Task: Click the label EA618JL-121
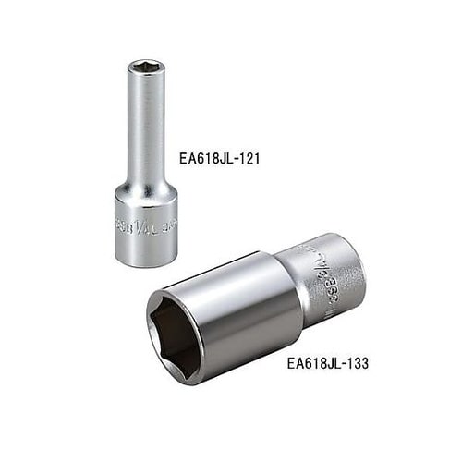point(219,158)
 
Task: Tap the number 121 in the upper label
point(247,158)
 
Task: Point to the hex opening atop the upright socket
point(146,67)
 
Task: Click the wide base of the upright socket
point(145,230)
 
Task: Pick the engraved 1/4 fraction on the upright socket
point(140,225)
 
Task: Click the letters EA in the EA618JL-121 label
point(186,158)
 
